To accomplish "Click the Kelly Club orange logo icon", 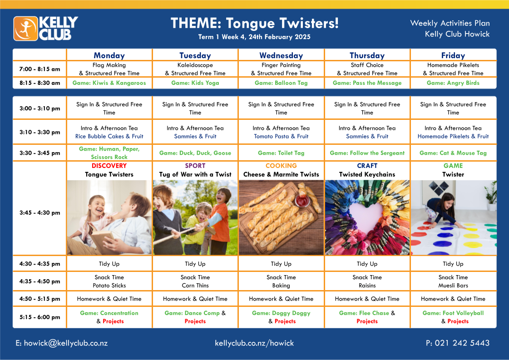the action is coord(25,29).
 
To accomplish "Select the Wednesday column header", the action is coord(281,55).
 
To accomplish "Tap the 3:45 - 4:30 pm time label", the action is coord(40,212).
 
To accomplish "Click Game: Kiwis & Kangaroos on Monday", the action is coord(109,83).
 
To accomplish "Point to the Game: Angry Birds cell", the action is coord(453,83).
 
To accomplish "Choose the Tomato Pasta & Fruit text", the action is coord(281,136).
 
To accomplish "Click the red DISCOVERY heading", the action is coord(109,166).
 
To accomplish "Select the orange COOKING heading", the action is coord(281,166).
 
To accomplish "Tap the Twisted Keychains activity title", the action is coord(367,174).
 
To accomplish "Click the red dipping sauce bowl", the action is coord(302,201).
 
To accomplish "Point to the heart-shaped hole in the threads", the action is coord(367,217).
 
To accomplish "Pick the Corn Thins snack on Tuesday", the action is coord(195,286).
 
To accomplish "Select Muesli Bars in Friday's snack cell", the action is coord(453,286).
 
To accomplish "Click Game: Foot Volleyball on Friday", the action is coord(453,313).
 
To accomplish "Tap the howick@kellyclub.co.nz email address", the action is coord(66,343).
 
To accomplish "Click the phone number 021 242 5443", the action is coord(462,343).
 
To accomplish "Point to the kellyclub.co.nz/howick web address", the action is coord(254,343).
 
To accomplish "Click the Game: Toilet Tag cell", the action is coord(281,153).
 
